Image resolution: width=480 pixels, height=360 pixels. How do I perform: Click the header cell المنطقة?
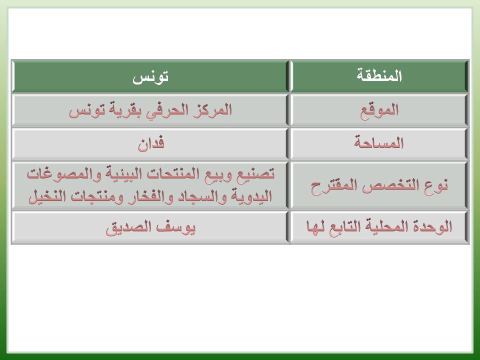(x=379, y=76)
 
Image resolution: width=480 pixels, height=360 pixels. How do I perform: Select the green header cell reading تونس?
(x=150, y=76)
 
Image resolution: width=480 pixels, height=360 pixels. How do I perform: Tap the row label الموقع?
(x=379, y=110)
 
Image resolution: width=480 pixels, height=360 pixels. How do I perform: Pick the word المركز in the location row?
(x=213, y=109)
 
